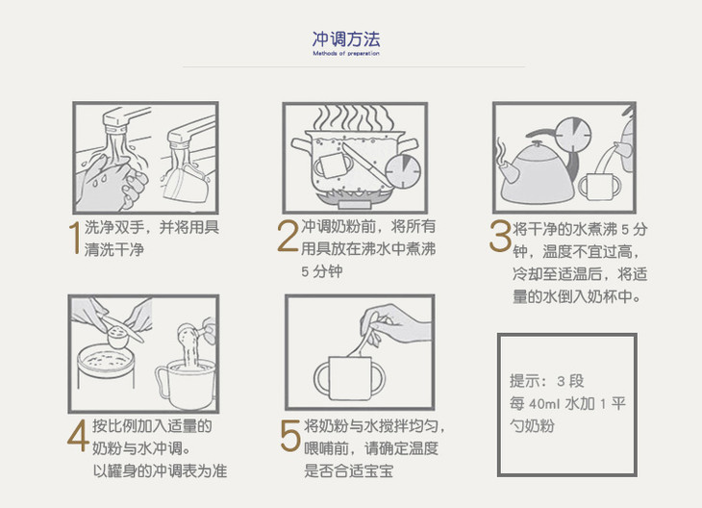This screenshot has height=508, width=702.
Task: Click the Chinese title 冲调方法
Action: pos(346,39)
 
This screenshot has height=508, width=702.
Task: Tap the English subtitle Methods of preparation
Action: pos(346,53)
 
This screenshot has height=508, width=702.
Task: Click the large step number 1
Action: pos(75,239)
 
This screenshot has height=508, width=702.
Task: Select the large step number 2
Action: pos(288,236)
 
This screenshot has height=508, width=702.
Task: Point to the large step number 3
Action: pos(500,236)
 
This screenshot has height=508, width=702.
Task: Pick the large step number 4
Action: pos(78,436)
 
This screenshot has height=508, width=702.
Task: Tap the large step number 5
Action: pos(290,436)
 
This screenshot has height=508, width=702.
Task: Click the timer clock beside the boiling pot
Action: pos(403,171)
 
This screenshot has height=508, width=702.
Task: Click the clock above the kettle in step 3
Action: pos(572,135)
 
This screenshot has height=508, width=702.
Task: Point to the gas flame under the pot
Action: pos(354,194)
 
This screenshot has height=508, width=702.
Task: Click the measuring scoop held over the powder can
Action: pos(118,334)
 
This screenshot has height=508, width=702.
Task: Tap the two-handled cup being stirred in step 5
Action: pos(350,378)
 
